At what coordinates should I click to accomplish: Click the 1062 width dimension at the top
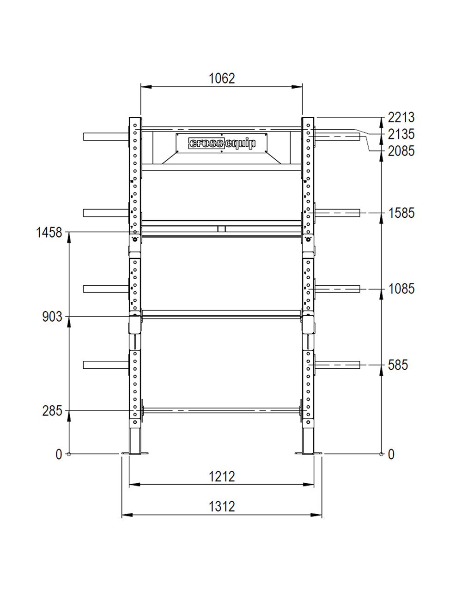tap(222, 78)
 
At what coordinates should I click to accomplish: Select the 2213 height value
tap(401, 118)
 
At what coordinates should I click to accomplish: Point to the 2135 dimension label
tap(401, 134)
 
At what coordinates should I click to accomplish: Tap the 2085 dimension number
tap(401, 151)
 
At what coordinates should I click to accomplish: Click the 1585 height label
tap(401, 213)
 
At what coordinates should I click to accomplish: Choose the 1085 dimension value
tap(401, 289)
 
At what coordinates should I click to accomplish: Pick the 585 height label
tap(398, 365)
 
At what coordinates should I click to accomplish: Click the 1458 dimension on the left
tap(49, 233)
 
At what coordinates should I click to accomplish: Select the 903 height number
tap(52, 317)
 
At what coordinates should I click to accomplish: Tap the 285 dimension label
tap(52, 411)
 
